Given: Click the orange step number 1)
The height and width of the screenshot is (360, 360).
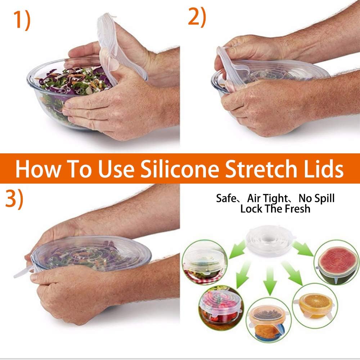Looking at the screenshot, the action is click(x=22, y=20).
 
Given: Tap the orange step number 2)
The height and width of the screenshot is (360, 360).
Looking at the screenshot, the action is click(x=197, y=17).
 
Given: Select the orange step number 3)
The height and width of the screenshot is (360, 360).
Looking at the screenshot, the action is click(x=14, y=199).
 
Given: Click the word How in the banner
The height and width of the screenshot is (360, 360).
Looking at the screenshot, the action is click(x=39, y=169).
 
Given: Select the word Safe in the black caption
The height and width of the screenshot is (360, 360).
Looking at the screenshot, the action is click(x=226, y=198).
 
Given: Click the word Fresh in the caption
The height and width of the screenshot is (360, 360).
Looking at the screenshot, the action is click(x=298, y=209).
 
